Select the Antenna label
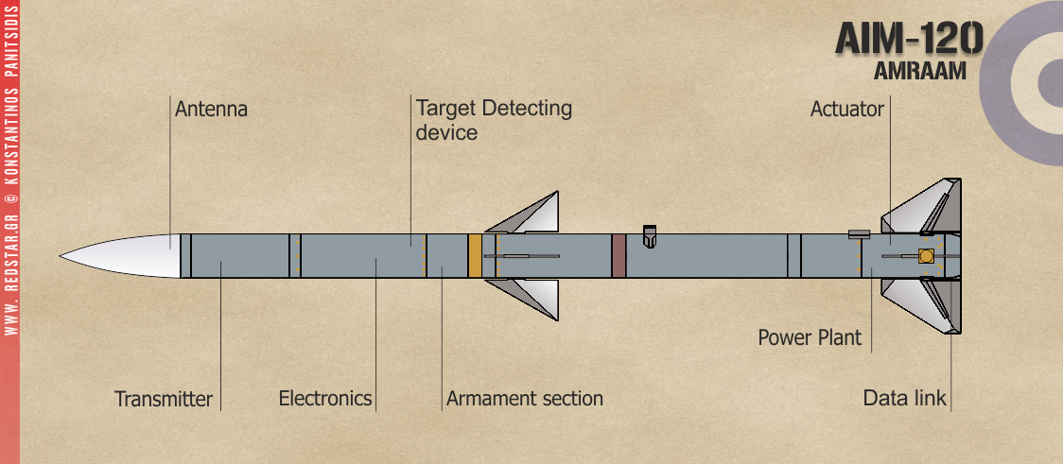coord(211,110)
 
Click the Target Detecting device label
coord(494,119)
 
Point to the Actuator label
coord(846,110)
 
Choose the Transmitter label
coord(164,399)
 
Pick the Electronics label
coord(325,399)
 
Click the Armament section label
coord(524,399)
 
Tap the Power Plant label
coord(810,337)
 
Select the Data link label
coord(904,399)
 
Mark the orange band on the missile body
coord(475,255)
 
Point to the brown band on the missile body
coord(619,255)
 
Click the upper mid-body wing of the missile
coord(530,215)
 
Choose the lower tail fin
coord(922,304)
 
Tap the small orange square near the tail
coord(926,256)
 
